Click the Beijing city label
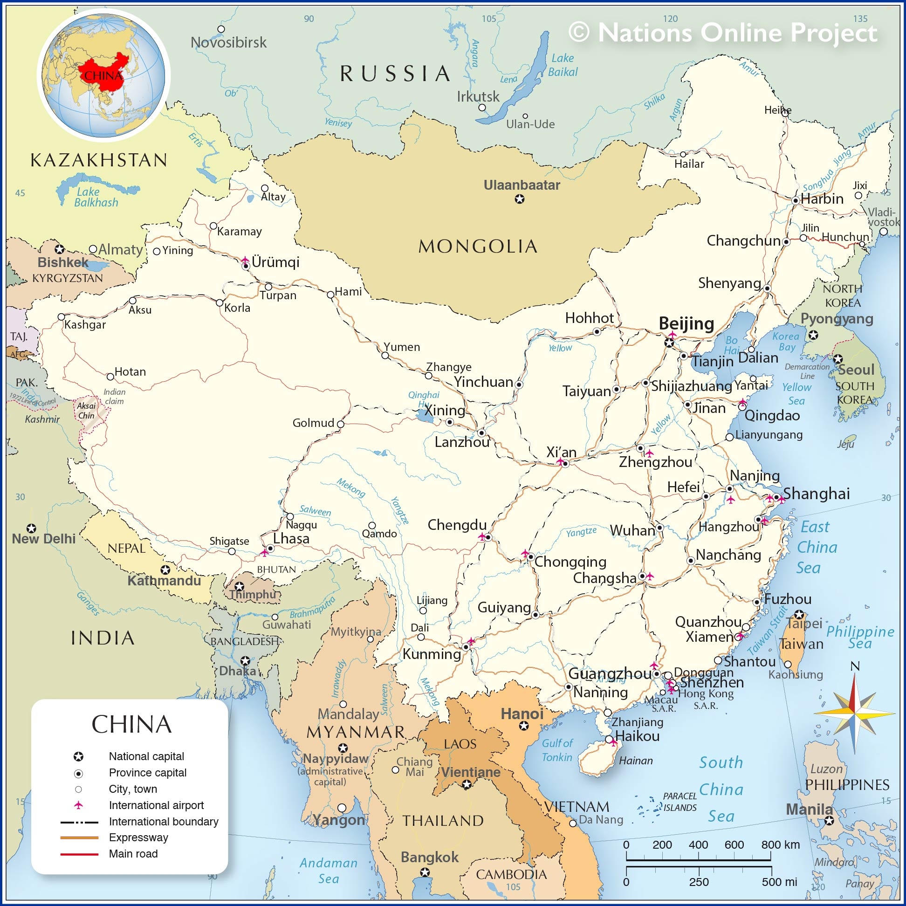pyautogui.click(x=686, y=323)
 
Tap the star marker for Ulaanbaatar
pyautogui.click(x=520, y=199)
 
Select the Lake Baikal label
pyautogui.click(x=562, y=65)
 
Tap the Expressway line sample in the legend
pyautogui.click(x=79, y=837)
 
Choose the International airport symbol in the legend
pyautogui.click(x=78, y=805)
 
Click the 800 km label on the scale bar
pyautogui.click(x=780, y=844)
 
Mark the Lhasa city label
pyautogui.click(x=291, y=538)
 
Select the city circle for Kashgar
pyautogui.click(x=61, y=317)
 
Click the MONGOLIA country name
pyautogui.click(x=477, y=246)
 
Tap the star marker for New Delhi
pyautogui.click(x=31, y=528)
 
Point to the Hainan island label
pyautogui.click(x=635, y=761)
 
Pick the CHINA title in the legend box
pyautogui.click(x=131, y=724)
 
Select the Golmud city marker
pyautogui.click(x=341, y=425)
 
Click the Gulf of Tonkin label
pyautogui.click(x=556, y=750)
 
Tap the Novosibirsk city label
pyautogui.click(x=228, y=43)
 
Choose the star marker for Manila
pyautogui.click(x=829, y=821)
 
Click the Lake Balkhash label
pyautogui.click(x=96, y=197)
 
